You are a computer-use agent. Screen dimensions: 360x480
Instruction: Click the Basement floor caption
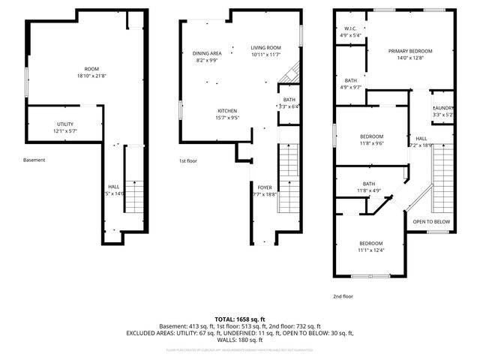click(34, 160)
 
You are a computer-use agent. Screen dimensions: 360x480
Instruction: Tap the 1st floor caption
click(187, 161)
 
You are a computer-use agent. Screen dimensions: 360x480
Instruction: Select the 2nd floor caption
click(343, 296)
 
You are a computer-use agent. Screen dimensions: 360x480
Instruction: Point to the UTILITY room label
click(65, 124)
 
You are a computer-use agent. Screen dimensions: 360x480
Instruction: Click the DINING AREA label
click(206, 53)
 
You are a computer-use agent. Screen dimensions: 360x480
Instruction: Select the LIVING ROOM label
click(265, 47)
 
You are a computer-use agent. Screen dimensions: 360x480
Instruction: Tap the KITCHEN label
click(227, 110)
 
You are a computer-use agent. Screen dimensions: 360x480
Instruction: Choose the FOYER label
click(265, 187)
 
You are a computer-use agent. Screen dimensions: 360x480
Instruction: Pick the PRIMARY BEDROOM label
click(410, 51)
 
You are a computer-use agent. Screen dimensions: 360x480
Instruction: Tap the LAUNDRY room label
click(443, 109)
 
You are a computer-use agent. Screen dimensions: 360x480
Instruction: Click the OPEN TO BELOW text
click(431, 222)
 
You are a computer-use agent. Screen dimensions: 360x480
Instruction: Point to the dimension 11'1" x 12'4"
click(370, 250)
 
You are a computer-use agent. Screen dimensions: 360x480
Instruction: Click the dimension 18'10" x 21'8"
click(91, 76)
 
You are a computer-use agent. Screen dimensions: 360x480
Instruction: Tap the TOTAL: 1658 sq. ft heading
click(239, 319)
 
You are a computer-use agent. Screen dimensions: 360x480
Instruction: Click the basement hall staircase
click(133, 198)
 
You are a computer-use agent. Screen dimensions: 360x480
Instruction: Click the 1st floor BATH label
click(289, 99)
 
